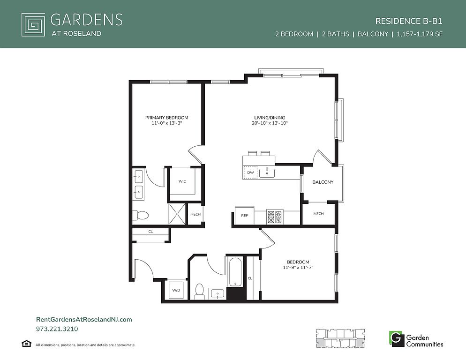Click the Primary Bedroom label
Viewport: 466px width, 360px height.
click(x=166, y=118)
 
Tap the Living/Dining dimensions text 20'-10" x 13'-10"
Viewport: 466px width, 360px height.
click(x=269, y=123)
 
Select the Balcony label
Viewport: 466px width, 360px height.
click(x=323, y=182)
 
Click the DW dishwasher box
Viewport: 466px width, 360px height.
click(x=250, y=172)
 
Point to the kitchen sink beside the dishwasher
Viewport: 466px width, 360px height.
click(x=267, y=172)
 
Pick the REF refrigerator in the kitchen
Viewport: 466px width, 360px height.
click(x=244, y=215)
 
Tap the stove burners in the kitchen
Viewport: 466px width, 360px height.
click(x=275, y=217)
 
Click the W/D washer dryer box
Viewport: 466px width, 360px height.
click(x=176, y=290)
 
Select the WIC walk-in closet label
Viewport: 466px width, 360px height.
click(x=182, y=181)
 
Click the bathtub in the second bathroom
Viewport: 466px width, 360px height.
click(x=235, y=272)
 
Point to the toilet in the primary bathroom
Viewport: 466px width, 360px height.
click(x=140, y=215)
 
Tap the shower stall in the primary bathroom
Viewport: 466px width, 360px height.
click(x=177, y=214)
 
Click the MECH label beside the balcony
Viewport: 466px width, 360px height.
click(x=318, y=214)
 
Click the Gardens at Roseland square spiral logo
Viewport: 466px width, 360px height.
click(x=33, y=25)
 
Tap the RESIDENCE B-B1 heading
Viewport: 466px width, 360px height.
click(x=409, y=21)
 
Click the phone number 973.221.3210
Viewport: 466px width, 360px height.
click(x=57, y=329)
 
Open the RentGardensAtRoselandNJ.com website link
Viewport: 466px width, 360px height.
click(x=84, y=320)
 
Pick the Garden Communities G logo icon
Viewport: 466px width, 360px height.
click(x=397, y=339)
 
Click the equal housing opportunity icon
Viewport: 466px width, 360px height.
click(x=26, y=344)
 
